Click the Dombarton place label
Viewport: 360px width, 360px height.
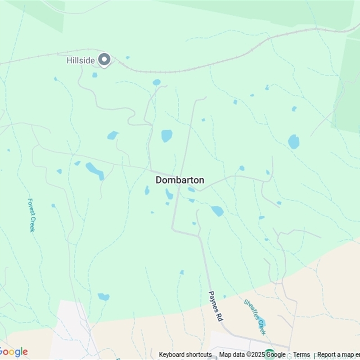[x=180, y=180]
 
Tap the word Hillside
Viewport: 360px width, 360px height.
[x=81, y=60]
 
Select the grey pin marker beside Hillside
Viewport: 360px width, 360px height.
[x=104, y=59]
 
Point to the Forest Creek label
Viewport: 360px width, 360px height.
[x=31, y=215]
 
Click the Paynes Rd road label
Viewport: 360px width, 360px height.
[x=216, y=306]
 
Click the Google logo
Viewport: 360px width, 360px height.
[x=13, y=352]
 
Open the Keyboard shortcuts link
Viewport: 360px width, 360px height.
[x=185, y=355]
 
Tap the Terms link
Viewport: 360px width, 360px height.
[x=301, y=355]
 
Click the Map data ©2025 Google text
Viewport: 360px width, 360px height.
[x=252, y=355]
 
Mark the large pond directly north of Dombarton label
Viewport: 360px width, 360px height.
[x=167, y=135]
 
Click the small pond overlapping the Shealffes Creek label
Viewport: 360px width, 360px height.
[x=263, y=322]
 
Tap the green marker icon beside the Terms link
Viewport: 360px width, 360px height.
[x=270, y=354]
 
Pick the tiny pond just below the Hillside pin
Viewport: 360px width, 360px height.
[x=95, y=75]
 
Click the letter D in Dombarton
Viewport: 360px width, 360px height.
[x=159, y=180]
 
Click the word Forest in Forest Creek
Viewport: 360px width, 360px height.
[x=31, y=207]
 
